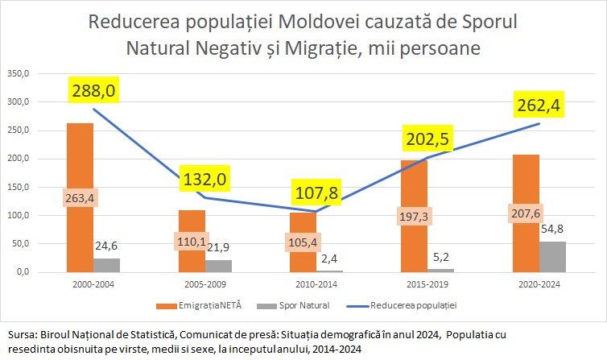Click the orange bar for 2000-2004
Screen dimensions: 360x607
point(80,161)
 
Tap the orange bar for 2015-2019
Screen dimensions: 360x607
point(414,185)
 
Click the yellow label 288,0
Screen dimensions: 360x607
point(93,90)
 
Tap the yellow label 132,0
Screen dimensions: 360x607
point(204,179)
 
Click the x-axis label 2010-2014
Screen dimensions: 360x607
point(304,284)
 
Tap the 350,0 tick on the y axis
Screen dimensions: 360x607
point(18,74)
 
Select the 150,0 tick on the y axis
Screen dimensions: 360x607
point(18,188)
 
